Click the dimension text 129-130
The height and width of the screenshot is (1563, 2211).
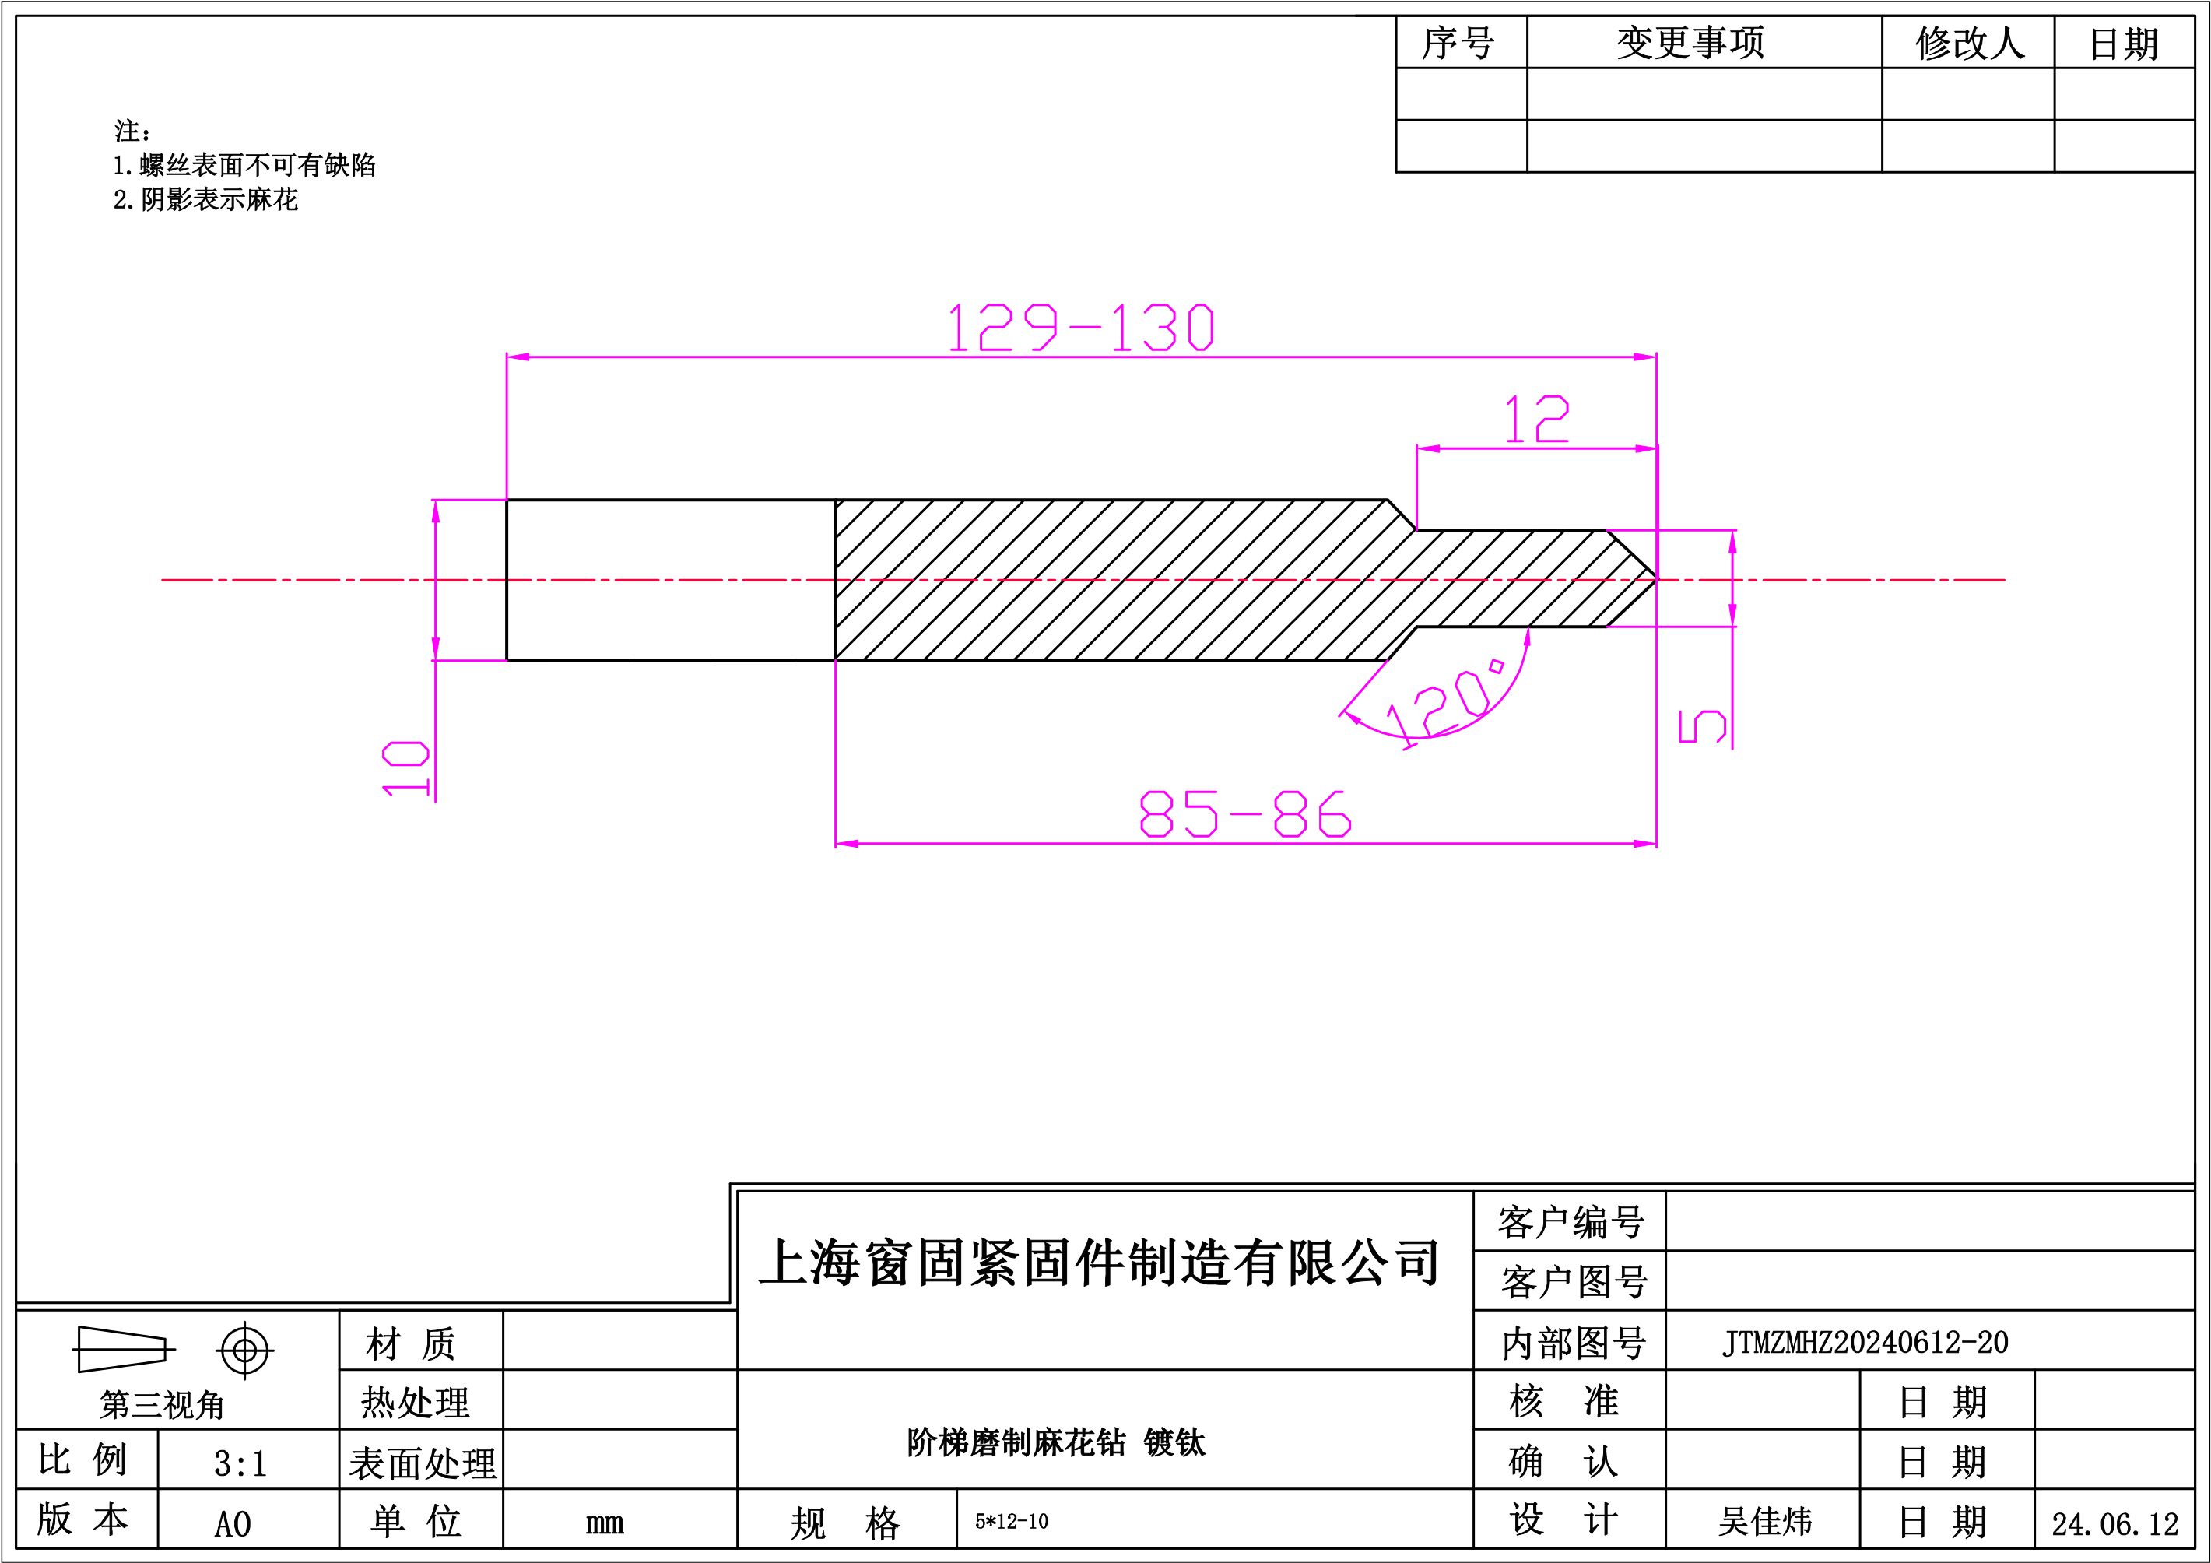(x=1080, y=328)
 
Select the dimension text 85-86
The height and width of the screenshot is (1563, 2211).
(x=1245, y=813)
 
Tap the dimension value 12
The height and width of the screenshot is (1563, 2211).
(x=1537, y=419)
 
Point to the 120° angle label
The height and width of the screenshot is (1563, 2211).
(x=1444, y=703)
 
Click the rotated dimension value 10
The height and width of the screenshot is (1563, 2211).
(x=405, y=767)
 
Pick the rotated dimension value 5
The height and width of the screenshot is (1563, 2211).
(x=1701, y=726)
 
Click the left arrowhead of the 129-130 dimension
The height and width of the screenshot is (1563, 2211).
(x=519, y=357)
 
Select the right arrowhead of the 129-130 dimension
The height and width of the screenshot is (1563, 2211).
(x=1644, y=357)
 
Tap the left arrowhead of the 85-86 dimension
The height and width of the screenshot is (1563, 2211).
(x=848, y=844)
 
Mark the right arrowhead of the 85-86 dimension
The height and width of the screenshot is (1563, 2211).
(x=1644, y=844)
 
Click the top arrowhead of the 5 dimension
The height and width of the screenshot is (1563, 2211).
(x=1732, y=543)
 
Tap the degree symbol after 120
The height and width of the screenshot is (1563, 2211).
(x=1496, y=666)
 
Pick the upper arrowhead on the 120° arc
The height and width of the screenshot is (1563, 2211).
(x=1527, y=637)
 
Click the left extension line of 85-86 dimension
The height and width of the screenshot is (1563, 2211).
(x=836, y=751)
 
